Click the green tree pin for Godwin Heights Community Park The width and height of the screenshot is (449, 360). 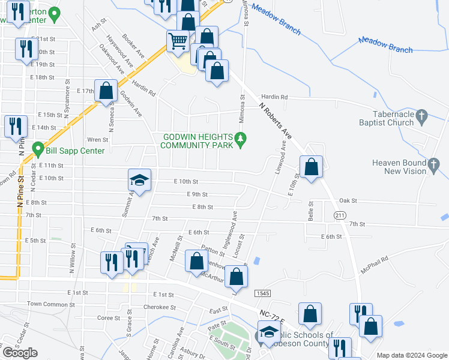click(x=241, y=139)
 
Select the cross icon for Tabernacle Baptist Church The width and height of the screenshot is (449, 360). click(x=421, y=116)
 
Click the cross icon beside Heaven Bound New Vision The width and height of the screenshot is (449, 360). click(x=433, y=163)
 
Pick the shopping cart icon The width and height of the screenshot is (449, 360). click(x=178, y=41)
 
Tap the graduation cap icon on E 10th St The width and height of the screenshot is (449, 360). click(x=139, y=179)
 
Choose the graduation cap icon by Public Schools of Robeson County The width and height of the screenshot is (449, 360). click(x=268, y=331)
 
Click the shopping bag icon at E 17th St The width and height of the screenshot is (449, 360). click(x=106, y=91)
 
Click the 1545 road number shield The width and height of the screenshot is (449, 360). click(x=261, y=293)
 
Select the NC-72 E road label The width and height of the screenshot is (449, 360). click(x=273, y=314)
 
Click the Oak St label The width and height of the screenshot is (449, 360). click(x=348, y=201)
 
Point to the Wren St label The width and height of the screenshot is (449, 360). click(x=97, y=139)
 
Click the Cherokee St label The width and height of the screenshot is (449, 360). click(x=159, y=307)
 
